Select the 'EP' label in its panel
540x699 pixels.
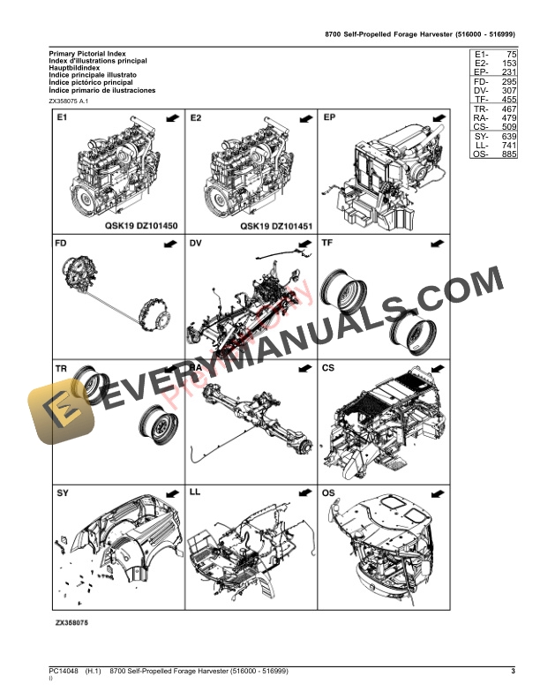pos(329,117)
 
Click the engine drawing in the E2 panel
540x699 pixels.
pos(244,172)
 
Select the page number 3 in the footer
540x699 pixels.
pos(513,673)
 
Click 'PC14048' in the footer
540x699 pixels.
pos(64,673)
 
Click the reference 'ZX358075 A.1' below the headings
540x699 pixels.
pos(70,101)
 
